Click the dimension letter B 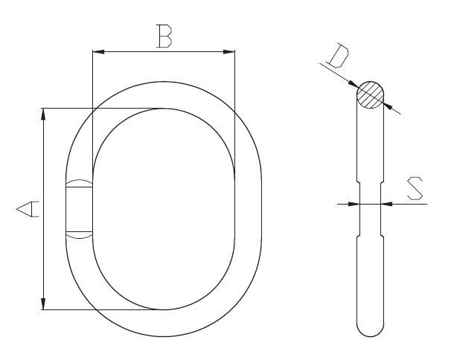(x=164, y=36)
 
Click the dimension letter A (x=28, y=209)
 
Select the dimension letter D (x=339, y=56)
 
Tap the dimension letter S (x=415, y=189)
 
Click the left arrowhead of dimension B (x=98, y=52)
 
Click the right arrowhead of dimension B (x=229, y=52)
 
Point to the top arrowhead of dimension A (x=43, y=114)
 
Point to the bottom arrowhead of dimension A (x=43, y=304)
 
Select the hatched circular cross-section (x=371, y=95)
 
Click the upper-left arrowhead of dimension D (x=353, y=83)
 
